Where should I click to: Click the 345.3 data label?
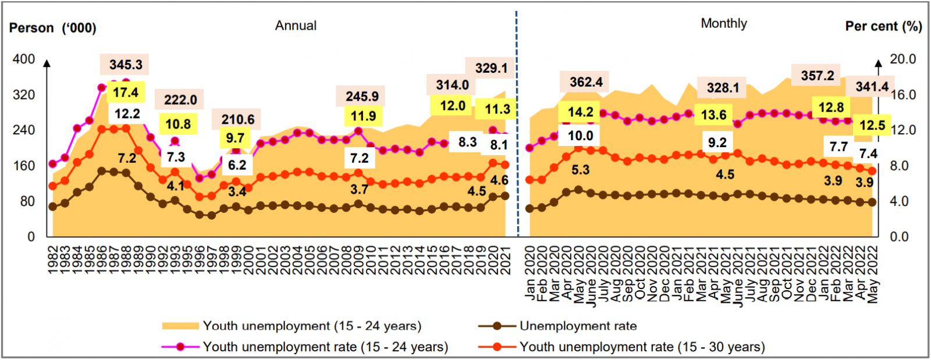126,65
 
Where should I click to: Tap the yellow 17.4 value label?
126,92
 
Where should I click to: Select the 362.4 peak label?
586,82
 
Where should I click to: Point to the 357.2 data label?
817,76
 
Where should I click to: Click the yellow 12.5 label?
872,125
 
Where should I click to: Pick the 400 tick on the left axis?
24,59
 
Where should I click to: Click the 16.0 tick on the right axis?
902,95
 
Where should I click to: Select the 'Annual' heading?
296,26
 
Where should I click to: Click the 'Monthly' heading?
723,23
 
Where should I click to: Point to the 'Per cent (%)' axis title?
883,26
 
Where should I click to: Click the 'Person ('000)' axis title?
53,28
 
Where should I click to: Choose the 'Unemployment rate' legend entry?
578,326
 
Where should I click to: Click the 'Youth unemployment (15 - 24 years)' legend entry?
312,326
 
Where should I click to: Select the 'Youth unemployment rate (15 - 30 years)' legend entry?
642,347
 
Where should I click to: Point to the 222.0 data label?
180,99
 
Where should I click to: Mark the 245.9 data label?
361,97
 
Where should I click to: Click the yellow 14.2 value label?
580,112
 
